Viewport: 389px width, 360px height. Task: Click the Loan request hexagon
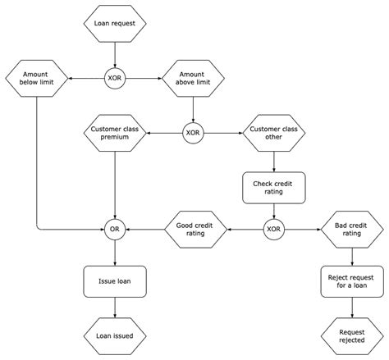[x=115, y=25]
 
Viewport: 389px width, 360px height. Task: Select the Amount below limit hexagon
[x=36, y=79]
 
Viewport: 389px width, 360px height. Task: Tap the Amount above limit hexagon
[x=192, y=79]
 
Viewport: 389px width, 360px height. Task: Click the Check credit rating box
[x=273, y=187]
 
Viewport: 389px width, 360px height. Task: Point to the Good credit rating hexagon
[x=194, y=230]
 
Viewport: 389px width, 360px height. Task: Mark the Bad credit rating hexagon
[x=351, y=230]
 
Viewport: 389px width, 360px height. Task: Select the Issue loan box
[x=115, y=280]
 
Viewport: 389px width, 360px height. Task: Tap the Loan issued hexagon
[x=115, y=335]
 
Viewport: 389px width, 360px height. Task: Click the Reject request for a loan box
[x=351, y=280]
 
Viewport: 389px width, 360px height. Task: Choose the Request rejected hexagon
[x=351, y=335]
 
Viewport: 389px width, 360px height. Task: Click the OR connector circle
[x=115, y=230]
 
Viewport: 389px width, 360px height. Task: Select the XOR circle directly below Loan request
[x=115, y=79]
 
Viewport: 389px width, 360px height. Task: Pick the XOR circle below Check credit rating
[x=273, y=230]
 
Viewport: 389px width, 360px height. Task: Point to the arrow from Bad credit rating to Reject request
[x=351, y=255]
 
